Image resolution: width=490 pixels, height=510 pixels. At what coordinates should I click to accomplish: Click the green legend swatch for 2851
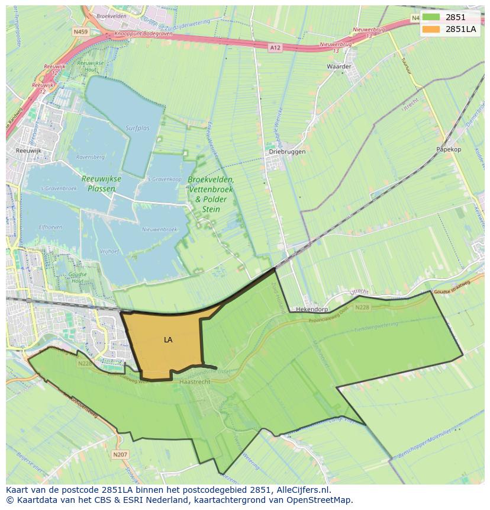coord(431,17)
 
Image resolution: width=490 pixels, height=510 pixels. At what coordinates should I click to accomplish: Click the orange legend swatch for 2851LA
coord(431,28)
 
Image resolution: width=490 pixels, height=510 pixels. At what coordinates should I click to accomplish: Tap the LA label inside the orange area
coord(168,340)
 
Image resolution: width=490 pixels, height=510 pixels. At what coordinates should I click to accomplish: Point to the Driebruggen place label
coord(287,152)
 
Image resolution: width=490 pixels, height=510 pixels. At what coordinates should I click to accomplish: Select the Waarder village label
coord(339,66)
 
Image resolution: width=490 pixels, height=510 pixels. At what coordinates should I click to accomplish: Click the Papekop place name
coord(448,149)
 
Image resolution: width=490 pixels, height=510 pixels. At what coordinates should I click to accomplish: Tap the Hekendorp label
coord(311,310)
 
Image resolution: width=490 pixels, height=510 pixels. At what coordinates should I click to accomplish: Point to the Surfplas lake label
coord(138,128)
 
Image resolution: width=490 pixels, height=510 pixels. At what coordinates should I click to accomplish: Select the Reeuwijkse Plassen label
coord(101,184)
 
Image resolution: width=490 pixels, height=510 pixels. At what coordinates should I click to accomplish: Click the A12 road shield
coord(274,47)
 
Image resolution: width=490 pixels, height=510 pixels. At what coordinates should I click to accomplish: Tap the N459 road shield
coord(80,31)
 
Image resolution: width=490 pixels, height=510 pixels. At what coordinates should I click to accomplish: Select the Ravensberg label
coord(90,157)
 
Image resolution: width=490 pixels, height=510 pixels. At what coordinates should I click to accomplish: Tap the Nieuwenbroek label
coord(159,229)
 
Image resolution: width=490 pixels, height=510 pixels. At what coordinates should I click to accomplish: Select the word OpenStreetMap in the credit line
coord(320,500)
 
